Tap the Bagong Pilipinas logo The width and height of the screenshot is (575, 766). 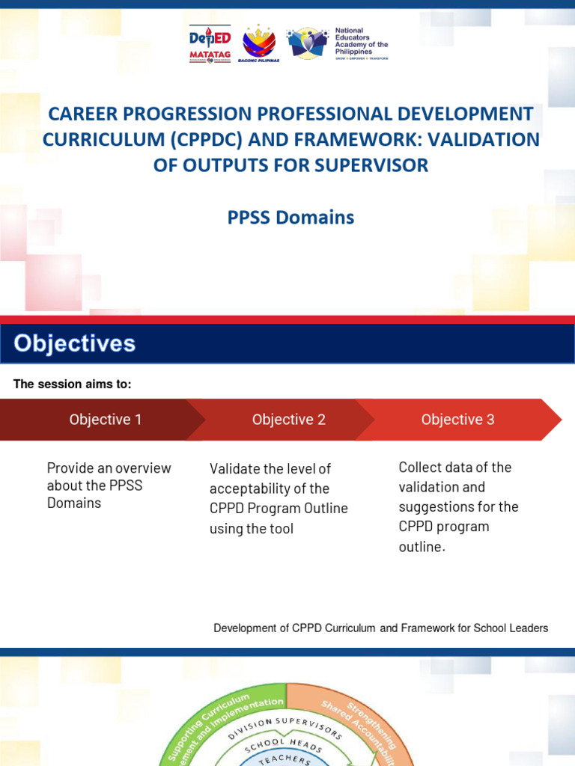tap(258, 44)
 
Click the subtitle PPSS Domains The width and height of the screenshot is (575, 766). tap(290, 218)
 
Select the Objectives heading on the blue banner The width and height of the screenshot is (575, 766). tap(75, 343)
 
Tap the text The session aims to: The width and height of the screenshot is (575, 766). tap(73, 384)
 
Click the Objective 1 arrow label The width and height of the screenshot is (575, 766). tap(106, 420)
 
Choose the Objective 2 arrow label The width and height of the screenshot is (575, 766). tap(289, 420)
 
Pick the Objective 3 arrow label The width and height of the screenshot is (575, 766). tap(458, 420)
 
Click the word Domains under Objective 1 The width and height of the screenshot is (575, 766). tap(74, 503)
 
